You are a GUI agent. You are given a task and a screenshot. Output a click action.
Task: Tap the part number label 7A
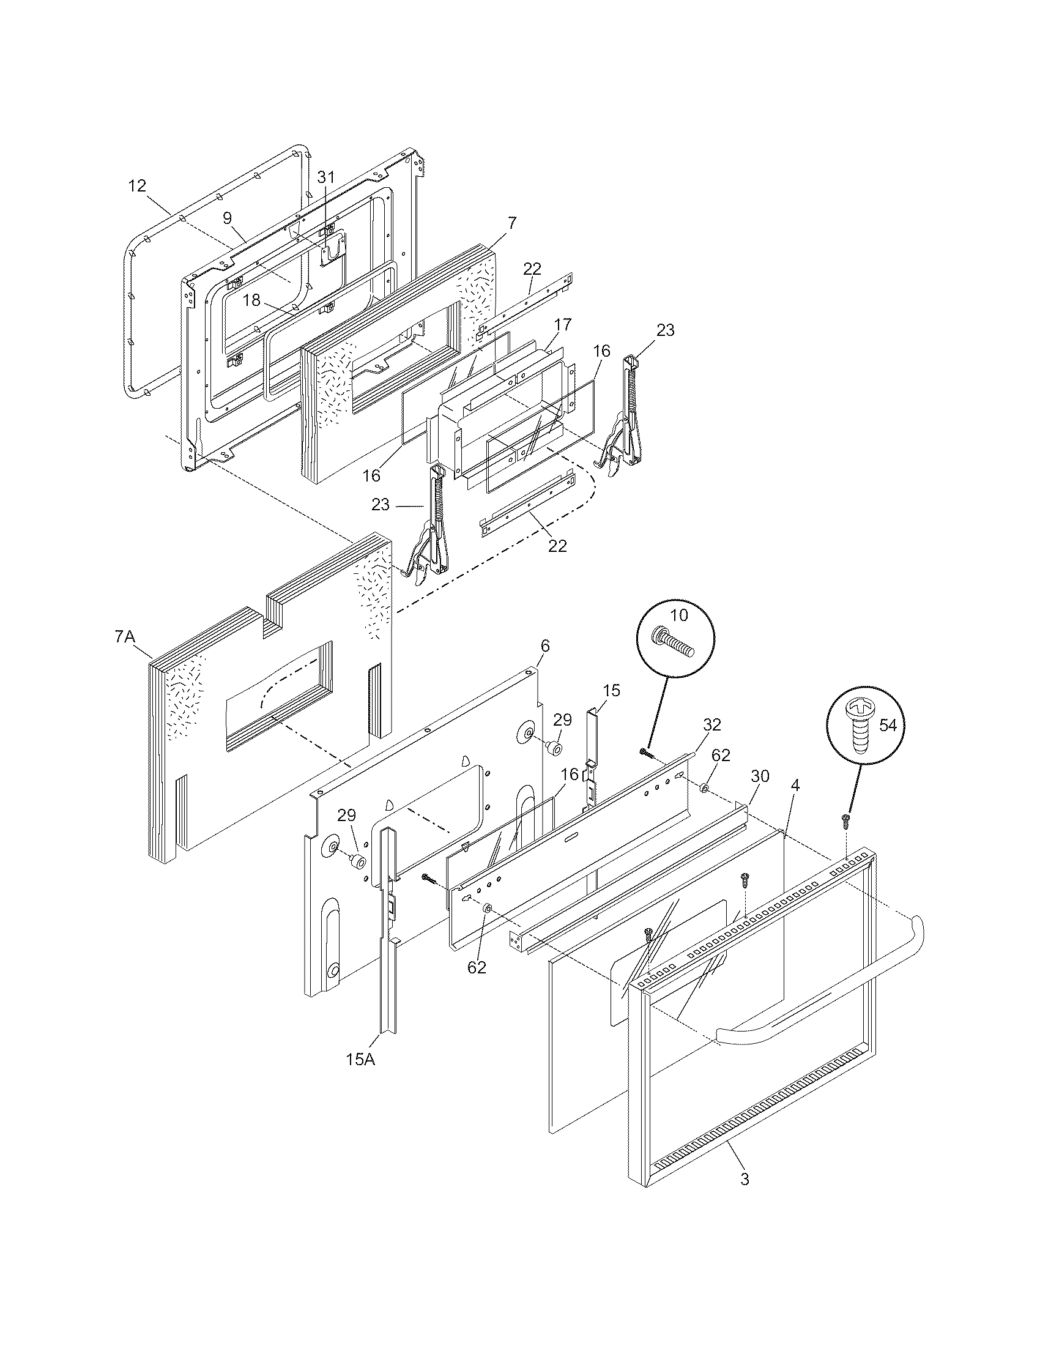click(x=124, y=637)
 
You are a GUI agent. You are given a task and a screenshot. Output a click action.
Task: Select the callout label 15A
click(x=361, y=1060)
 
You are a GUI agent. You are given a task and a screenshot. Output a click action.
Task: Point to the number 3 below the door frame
click(x=745, y=1180)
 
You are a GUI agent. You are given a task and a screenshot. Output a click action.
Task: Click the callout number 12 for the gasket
click(x=138, y=185)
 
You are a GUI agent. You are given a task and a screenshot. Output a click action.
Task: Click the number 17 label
click(x=562, y=324)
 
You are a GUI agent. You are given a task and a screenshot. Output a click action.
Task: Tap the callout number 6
click(x=545, y=646)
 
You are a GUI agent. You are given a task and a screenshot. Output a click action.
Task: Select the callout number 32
click(x=711, y=725)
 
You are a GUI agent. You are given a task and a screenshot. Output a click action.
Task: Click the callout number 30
click(x=760, y=776)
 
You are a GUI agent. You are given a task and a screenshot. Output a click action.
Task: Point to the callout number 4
click(x=795, y=786)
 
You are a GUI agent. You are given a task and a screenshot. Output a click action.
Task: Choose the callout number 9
click(x=228, y=218)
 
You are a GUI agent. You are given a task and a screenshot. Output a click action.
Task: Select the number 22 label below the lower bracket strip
click(x=557, y=545)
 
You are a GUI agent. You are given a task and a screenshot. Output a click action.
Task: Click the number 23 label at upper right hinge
click(x=666, y=330)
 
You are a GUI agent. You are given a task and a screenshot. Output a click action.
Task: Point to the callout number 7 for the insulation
click(x=513, y=223)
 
